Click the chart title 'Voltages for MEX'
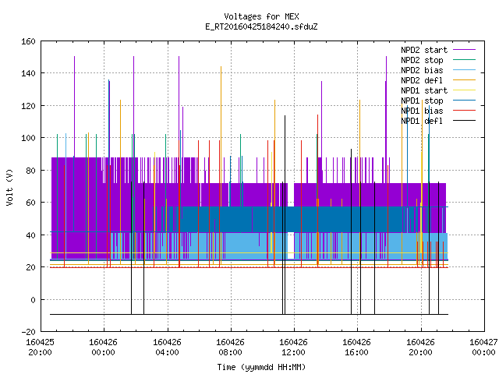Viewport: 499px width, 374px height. (x=261, y=16)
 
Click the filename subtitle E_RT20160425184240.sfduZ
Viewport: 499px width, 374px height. (x=261, y=26)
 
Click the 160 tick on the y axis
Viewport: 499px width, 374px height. (x=28, y=41)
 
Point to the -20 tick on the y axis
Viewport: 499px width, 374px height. (x=28, y=332)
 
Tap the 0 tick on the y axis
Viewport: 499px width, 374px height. (x=33, y=299)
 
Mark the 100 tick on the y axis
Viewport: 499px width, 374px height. (x=28, y=138)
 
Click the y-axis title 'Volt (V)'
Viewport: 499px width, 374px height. (x=9, y=187)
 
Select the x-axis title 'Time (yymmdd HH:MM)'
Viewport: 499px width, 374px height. (x=261, y=367)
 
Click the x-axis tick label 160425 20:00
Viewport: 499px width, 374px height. (x=40, y=347)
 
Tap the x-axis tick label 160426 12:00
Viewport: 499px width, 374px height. (x=293, y=347)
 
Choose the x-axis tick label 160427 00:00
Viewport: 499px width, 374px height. (x=483, y=347)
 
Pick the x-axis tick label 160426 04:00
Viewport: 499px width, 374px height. (x=167, y=347)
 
